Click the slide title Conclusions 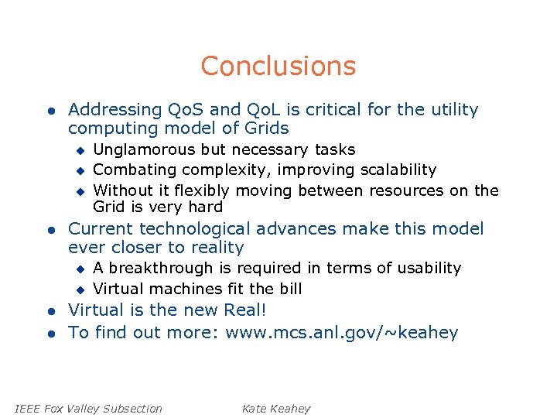278,67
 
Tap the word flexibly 203,190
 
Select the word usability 429,269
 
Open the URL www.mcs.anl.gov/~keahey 342,334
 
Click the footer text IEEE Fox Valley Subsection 89,409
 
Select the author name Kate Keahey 275,409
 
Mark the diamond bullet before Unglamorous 79,150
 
